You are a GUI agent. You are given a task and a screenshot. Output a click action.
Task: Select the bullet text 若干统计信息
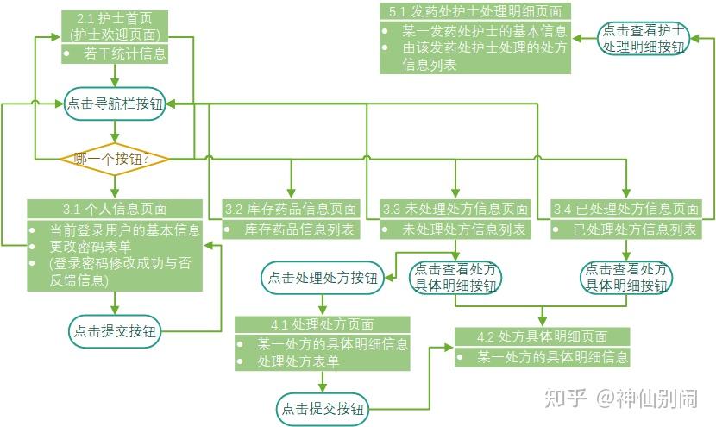point(125,54)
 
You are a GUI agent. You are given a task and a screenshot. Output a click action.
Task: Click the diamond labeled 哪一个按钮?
point(113,159)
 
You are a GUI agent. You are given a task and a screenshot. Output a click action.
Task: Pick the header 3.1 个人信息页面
point(114,209)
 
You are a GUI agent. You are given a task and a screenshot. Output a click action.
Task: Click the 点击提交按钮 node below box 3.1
point(115,330)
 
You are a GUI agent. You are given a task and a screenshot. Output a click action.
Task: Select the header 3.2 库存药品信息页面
point(290,209)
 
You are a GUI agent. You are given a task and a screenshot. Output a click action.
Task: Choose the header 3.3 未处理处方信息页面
point(455,209)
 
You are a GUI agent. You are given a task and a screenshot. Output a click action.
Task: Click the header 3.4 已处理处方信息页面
point(626,209)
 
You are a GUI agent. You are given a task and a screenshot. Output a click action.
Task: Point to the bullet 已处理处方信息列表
point(635,229)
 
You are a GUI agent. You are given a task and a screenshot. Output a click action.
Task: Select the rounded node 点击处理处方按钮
point(323,278)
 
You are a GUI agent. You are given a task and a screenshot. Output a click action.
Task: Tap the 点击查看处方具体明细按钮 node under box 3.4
point(626,278)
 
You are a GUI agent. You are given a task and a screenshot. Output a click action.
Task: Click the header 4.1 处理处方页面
point(322,325)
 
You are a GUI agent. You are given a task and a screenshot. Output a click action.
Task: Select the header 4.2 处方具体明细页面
point(542,336)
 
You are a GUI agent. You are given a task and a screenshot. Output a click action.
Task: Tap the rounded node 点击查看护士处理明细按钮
point(644,38)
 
